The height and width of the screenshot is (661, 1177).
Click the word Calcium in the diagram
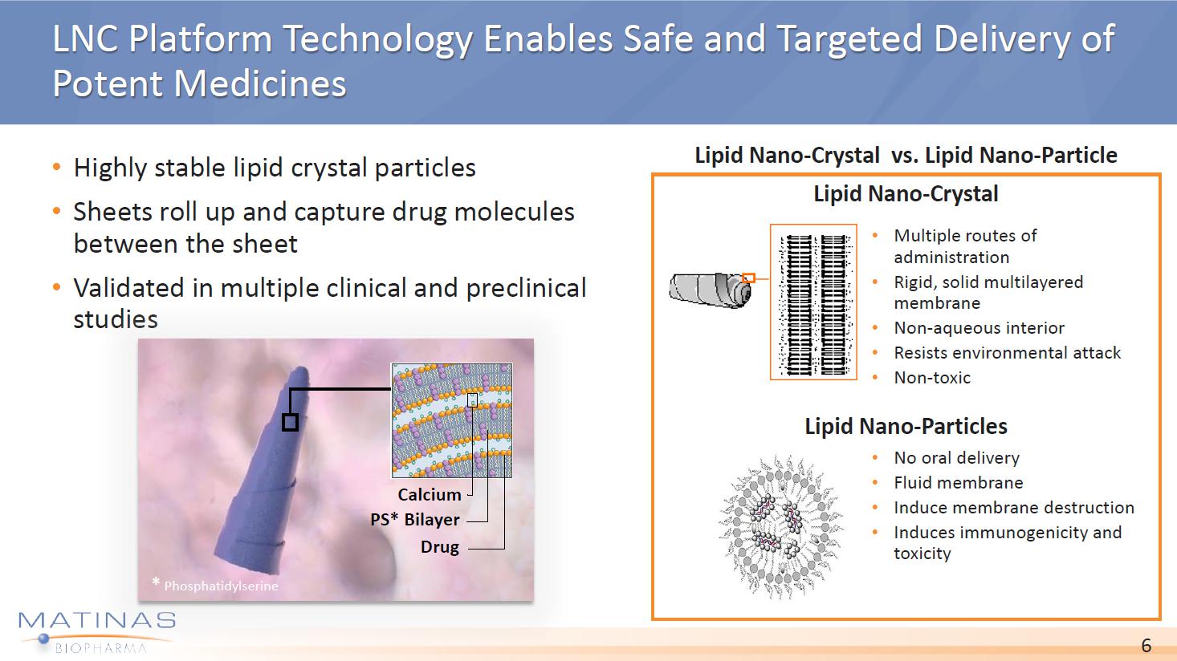tap(430, 495)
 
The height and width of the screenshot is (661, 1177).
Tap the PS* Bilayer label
tap(414, 520)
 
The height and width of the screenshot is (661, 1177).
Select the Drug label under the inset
tap(440, 547)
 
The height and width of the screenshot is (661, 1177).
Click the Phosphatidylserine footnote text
tap(222, 586)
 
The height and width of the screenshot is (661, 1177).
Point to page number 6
tap(1146, 645)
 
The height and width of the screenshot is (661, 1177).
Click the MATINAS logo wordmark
tap(97, 621)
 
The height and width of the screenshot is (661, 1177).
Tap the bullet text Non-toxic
tap(932, 378)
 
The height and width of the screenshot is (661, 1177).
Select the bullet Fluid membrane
tap(959, 482)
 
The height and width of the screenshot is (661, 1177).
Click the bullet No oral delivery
tap(957, 458)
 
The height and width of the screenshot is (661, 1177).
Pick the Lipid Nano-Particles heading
tap(906, 426)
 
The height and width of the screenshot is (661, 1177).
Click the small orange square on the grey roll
tap(749, 278)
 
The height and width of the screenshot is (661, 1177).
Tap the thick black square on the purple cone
tap(290, 422)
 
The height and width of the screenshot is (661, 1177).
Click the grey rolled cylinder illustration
tap(710, 290)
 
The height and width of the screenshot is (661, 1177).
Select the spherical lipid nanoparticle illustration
tap(781, 527)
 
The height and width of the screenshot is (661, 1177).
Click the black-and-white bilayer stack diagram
tap(813, 302)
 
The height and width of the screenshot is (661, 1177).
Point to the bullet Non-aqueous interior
tap(979, 328)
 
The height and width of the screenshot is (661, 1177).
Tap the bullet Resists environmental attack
tap(1008, 353)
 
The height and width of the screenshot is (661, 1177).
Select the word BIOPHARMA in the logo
tap(101, 648)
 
